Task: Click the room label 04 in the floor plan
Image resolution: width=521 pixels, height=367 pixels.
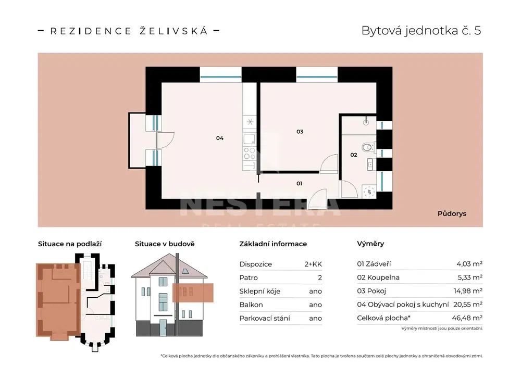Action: [x=220, y=138]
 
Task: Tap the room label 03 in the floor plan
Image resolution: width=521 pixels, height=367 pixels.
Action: [x=300, y=132]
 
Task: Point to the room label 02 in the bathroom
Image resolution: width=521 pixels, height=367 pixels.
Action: [x=354, y=155]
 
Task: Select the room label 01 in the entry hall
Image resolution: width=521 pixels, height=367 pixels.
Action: [x=299, y=183]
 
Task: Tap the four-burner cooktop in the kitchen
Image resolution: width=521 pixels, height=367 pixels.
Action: [x=250, y=154]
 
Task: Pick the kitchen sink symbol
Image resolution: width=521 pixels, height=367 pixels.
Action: [x=250, y=139]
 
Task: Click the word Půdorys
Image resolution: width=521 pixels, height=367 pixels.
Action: [x=452, y=213]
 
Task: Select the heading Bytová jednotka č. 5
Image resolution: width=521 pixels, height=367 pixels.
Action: [x=421, y=31]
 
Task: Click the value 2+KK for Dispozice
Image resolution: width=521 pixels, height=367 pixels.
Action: [x=313, y=264]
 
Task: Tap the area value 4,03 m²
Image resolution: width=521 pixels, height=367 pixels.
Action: [x=469, y=264]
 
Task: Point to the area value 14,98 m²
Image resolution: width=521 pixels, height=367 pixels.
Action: [x=468, y=291]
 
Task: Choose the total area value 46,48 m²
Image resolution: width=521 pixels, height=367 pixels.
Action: [x=467, y=318]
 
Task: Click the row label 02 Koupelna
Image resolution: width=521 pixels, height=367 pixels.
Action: [x=378, y=277]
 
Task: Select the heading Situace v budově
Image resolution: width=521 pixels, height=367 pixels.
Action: [x=165, y=244]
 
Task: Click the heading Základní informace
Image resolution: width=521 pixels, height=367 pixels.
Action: [x=273, y=244]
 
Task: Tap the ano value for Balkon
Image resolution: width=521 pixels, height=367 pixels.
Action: [x=315, y=305]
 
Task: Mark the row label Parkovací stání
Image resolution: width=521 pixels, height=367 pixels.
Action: [x=265, y=318]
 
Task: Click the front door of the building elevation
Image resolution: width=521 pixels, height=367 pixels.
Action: [x=163, y=327]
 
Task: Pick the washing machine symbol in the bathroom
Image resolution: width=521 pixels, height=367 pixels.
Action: [x=369, y=192]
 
